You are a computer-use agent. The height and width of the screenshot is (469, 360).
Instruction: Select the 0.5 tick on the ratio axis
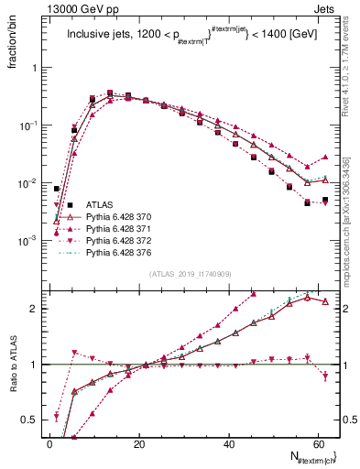click(29, 420)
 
